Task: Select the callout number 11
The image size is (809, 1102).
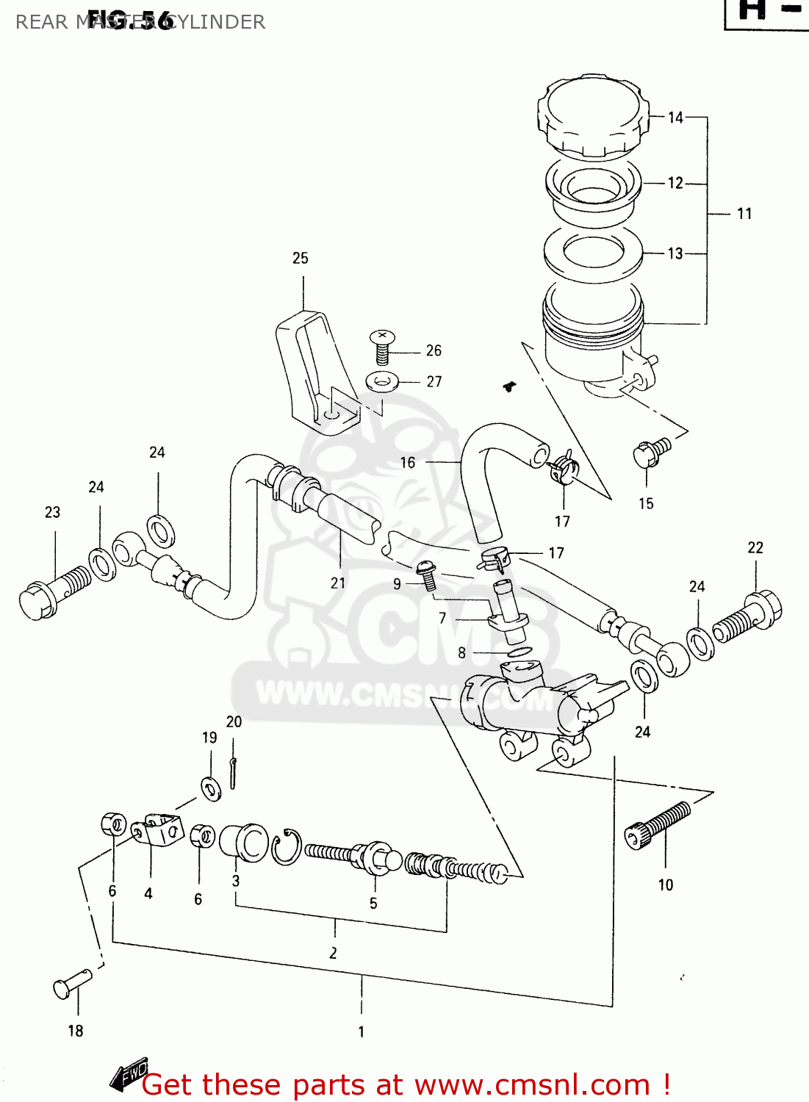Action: [x=744, y=214]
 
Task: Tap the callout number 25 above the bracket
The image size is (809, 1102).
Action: [x=300, y=259]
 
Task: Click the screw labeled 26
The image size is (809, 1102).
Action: [x=382, y=346]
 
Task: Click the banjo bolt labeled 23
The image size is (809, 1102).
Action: [x=55, y=591]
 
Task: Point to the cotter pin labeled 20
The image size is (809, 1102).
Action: [x=233, y=773]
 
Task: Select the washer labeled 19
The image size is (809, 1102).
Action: [x=211, y=788]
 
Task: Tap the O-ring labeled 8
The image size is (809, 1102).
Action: [x=519, y=652]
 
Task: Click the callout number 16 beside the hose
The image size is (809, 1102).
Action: [x=408, y=463]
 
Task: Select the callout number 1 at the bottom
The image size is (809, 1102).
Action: [x=361, y=1031]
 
